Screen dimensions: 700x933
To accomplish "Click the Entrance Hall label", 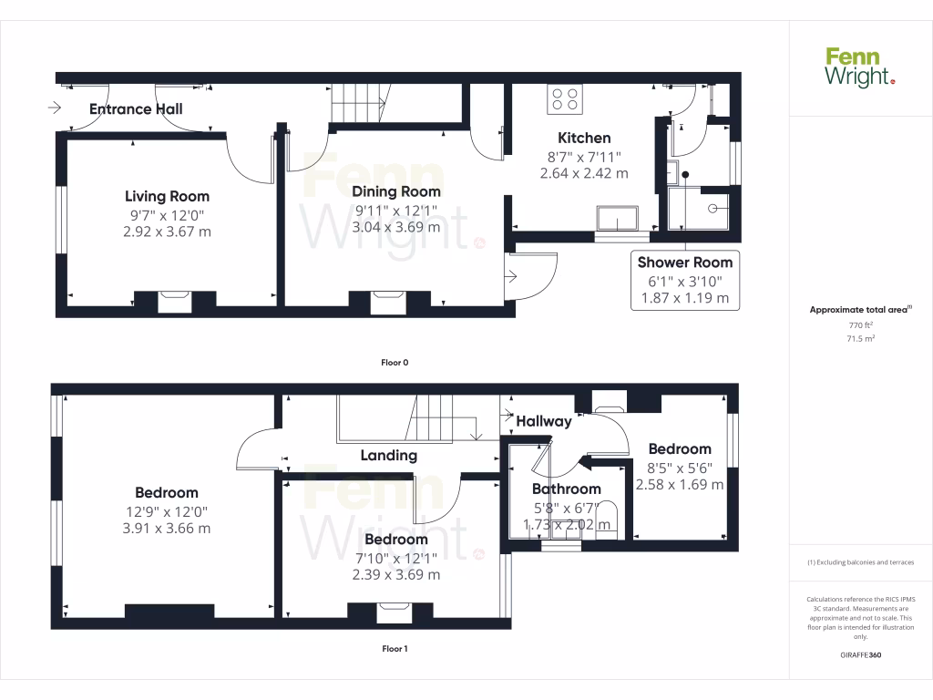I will pos(136,109).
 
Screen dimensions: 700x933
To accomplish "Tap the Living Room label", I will pos(167,196).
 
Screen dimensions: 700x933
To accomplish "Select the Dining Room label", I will pos(396,191).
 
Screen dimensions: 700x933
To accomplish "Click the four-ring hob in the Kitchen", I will pos(565,99).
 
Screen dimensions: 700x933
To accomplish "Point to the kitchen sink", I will pos(618,218).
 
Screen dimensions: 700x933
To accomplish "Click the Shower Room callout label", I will pos(684,262).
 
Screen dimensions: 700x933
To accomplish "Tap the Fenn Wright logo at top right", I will pos(860,67).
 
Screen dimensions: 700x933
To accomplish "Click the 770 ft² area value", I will pos(861,324).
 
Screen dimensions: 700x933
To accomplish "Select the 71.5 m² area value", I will pos(861,338).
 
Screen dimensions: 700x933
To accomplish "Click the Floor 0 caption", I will pos(395,363).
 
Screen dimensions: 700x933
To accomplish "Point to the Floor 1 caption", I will pos(395,649).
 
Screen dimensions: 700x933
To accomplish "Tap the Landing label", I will pos(389,456).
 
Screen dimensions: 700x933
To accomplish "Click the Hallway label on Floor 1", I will pos(544,421).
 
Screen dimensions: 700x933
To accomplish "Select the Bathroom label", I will pos(567,489).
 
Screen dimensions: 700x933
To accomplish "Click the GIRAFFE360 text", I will pos(861,655).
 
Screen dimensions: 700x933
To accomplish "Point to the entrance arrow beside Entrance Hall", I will pos(54,108).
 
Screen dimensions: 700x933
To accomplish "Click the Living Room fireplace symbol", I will pos(174,302).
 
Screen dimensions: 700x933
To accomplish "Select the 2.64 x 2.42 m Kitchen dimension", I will pos(584,173).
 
